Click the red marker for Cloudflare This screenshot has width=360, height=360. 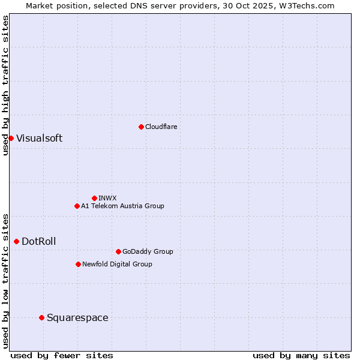(x=141, y=127)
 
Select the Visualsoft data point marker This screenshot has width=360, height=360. (x=11, y=138)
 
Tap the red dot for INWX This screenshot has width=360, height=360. (x=94, y=198)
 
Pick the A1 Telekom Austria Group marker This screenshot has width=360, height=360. (x=77, y=206)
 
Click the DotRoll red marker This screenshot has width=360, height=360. (x=16, y=241)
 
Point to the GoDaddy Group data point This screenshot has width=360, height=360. (x=118, y=251)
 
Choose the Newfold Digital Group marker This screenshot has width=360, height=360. (x=78, y=264)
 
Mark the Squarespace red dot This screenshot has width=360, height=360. (x=41, y=317)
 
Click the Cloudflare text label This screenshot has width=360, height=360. (x=161, y=127)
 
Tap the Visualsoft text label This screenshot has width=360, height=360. (x=39, y=138)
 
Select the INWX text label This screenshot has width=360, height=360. (x=107, y=198)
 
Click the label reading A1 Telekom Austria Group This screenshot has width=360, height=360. (x=122, y=206)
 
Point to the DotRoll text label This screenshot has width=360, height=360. (x=38, y=241)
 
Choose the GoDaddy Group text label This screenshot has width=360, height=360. (x=148, y=251)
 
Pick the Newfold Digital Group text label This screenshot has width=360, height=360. (x=117, y=264)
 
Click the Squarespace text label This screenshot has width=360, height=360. (x=77, y=317)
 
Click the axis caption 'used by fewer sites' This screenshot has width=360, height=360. (x=62, y=355)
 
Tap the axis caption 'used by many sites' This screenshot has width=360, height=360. (x=301, y=355)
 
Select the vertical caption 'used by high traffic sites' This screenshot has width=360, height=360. (x=5, y=85)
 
